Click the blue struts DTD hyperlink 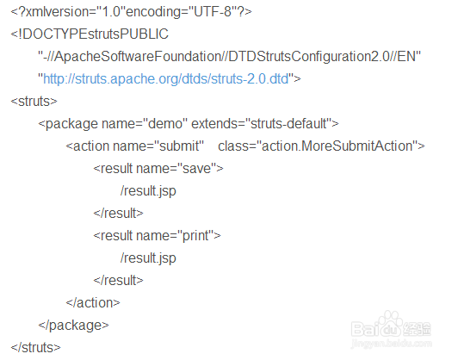point(166,79)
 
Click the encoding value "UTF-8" point(213,12)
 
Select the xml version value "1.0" point(110,12)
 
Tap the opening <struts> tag point(34,102)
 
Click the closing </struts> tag point(35,347)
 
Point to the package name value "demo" point(166,124)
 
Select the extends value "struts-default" point(289,124)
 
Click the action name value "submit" point(179,146)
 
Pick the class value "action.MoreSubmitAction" point(337,146)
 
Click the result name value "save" point(197,168)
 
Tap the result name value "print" point(195,235)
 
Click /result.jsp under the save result point(148,191)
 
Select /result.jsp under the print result point(148,258)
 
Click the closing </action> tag point(93,303)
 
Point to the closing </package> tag point(73,326)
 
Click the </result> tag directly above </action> point(118,280)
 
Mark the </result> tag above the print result point(118,213)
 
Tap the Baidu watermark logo point(391,330)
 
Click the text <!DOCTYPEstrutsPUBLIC point(90,34)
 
